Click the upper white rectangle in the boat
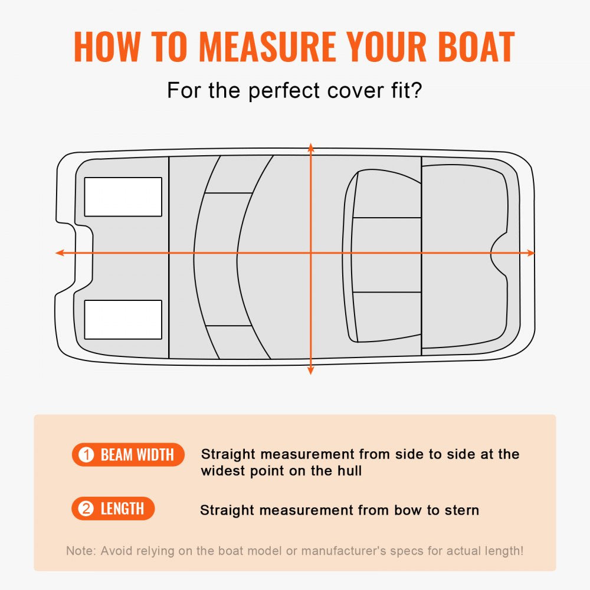(123, 196)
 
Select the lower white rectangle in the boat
(123, 319)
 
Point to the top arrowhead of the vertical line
(311, 147)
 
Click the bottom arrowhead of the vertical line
(311, 370)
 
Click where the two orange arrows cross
(311, 253)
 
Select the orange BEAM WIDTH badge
(128, 454)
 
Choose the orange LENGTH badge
(113, 509)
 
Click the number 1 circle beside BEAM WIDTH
(86, 455)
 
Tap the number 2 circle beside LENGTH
(86, 509)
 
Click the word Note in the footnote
(80, 551)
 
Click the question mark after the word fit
(416, 91)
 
